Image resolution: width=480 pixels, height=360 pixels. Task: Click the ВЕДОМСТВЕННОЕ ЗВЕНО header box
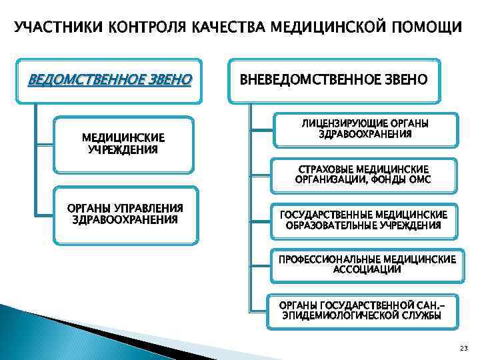[109, 81]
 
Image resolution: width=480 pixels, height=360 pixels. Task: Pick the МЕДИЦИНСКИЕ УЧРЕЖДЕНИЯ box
[123, 143]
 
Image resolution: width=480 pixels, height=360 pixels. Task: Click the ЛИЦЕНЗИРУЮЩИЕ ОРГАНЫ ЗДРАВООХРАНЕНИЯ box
[365, 129]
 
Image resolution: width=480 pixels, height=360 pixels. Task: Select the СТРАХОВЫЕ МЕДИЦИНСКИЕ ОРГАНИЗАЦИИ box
[363, 175]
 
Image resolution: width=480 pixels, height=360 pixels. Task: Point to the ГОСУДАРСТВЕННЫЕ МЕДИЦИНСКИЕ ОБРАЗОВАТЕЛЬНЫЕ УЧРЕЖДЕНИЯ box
[363, 219]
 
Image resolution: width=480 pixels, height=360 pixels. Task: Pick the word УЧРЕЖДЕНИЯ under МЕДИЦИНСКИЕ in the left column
[123, 149]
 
